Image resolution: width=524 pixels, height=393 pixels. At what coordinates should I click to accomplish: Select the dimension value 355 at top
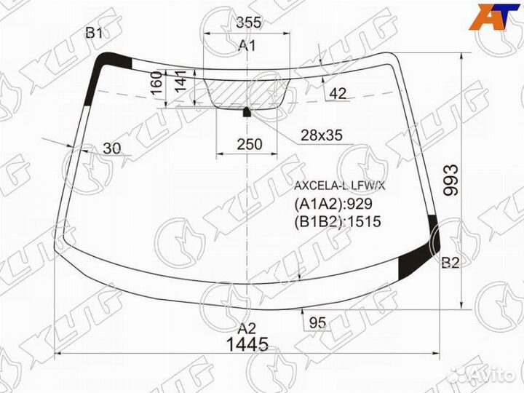point(248,23)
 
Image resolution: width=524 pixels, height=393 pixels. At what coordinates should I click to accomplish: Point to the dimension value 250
point(249,144)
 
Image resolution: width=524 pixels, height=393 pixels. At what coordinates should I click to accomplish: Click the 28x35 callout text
point(321,135)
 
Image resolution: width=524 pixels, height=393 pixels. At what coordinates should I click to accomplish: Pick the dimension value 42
point(337,93)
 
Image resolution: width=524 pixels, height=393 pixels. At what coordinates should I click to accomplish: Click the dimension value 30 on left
point(112,148)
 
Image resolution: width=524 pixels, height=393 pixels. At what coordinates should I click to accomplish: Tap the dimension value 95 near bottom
point(317,322)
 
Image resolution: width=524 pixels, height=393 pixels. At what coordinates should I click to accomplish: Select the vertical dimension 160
point(156,84)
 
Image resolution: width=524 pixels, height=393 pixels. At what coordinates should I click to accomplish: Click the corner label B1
point(94,33)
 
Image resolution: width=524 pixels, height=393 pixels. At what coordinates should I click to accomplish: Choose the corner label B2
point(450,263)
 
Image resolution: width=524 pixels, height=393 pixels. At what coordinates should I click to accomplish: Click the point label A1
point(248,47)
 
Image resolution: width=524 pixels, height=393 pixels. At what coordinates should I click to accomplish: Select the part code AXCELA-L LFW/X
point(339,186)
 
